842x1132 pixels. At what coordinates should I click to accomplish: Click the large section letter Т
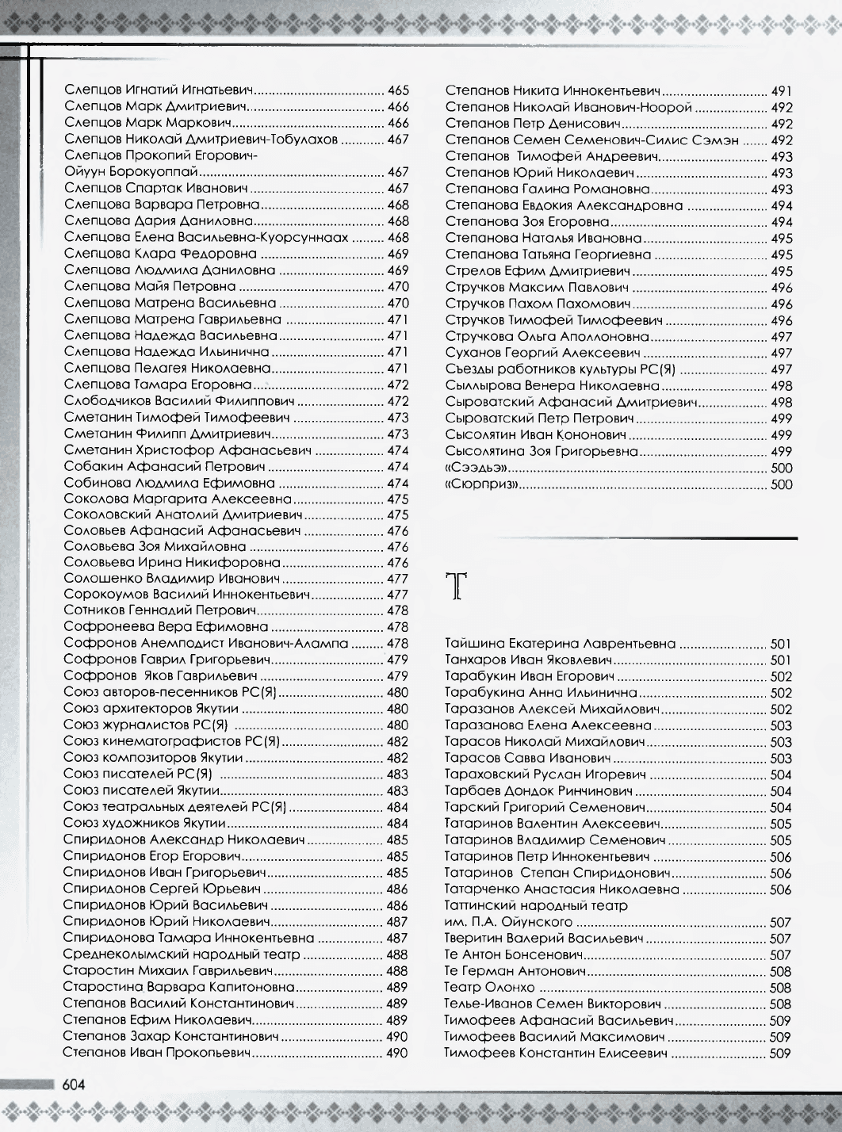(x=458, y=587)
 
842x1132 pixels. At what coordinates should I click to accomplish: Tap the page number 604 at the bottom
(x=75, y=1084)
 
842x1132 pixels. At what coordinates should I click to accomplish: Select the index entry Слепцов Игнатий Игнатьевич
(x=158, y=90)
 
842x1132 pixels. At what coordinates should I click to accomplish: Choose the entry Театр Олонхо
(x=490, y=988)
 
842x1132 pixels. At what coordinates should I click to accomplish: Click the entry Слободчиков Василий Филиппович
(x=179, y=401)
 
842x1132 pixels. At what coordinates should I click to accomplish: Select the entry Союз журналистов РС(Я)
(x=146, y=725)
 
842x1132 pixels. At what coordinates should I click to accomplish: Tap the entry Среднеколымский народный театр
(x=179, y=954)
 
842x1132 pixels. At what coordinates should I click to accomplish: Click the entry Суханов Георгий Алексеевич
(x=542, y=353)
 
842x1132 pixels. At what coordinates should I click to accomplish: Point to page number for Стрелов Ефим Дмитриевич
(x=781, y=271)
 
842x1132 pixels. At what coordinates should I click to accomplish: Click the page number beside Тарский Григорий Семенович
(x=781, y=807)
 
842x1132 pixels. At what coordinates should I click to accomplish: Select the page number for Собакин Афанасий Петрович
(x=397, y=467)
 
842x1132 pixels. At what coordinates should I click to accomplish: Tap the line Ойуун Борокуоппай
(x=130, y=172)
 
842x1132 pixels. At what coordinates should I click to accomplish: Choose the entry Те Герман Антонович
(x=515, y=971)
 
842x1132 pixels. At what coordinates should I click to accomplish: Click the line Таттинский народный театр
(x=536, y=905)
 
